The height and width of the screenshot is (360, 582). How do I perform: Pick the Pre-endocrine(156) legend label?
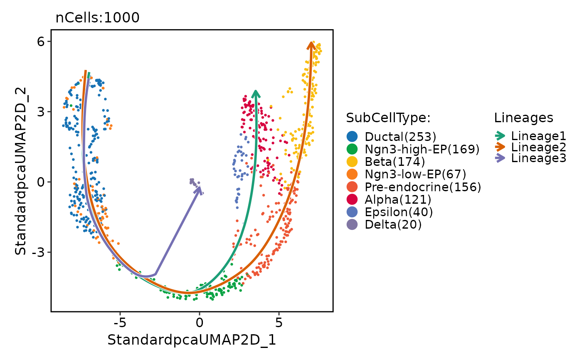(x=423, y=187)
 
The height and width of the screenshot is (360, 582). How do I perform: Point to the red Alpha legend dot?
(x=352, y=200)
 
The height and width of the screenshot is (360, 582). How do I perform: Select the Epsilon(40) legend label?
(x=399, y=212)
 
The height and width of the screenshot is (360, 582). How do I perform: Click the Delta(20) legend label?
(x=393, y=225)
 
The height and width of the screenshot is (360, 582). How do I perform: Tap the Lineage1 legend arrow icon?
(x=500, y=136)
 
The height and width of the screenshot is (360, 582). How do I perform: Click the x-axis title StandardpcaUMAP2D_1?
(x=192, y=340)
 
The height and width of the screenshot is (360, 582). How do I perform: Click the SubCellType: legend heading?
(x=387, y=118)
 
